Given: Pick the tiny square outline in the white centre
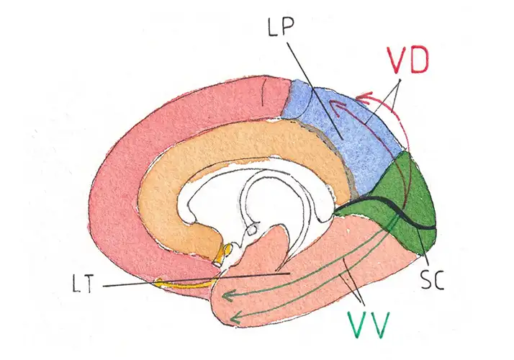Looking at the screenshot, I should coord(252,232).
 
